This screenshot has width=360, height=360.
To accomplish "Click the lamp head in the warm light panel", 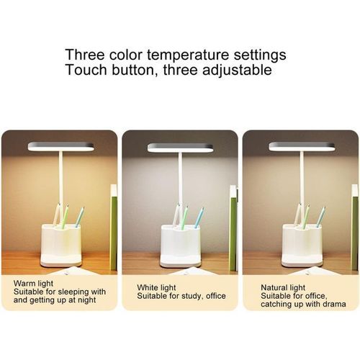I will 60,146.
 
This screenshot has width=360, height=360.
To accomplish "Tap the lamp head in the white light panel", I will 180,148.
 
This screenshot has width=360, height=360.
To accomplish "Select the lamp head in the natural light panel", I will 302,146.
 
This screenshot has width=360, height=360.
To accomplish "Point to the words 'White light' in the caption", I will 156,287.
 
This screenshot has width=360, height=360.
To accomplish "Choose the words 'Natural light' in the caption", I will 283,287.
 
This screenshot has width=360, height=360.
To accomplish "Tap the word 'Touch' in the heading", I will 84,71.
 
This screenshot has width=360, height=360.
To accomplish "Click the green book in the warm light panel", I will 113,227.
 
